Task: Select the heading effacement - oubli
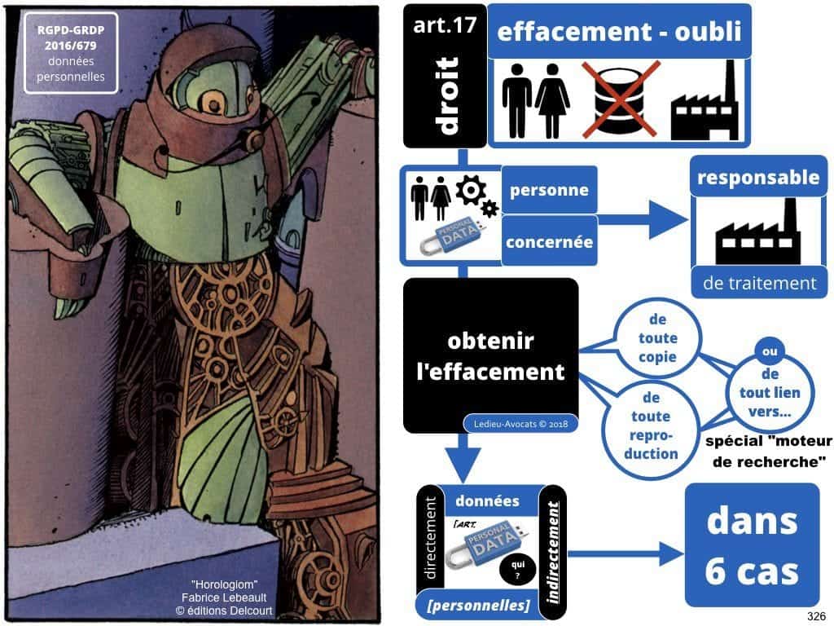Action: click(x=619, y=33)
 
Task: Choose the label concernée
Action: click(x=549, y=241)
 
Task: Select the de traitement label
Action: click(x=759, y=283)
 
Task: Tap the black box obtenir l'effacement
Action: click(x=490, y=355)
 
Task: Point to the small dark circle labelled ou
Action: click(x=766, y=352)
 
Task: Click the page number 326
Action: click(x=816, y=615)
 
